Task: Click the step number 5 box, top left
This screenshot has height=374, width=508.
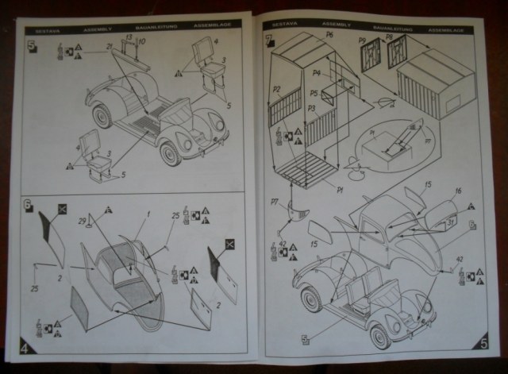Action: [x=33, y=46]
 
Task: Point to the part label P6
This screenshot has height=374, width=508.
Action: [x=329, y=36]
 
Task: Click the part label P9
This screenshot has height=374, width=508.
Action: [x=362, y=39]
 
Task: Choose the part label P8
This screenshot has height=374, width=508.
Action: [x=390, y=39]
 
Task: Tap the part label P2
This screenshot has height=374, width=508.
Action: [x=278, y=90]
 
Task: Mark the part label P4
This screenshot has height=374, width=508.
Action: [x=316, y=74]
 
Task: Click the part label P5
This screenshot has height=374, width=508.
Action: [x=314, y=94]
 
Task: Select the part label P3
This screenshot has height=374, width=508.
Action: [x=312, y=108]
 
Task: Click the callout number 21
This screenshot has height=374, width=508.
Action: [x=109, y=48]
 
